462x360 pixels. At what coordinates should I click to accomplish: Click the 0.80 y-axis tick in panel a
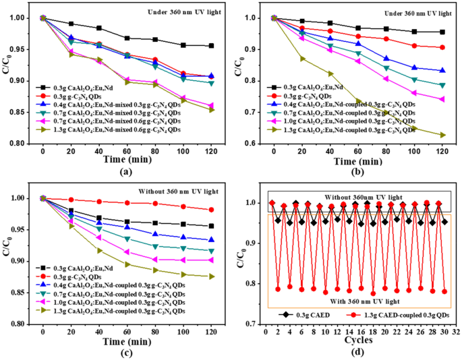(18, 144)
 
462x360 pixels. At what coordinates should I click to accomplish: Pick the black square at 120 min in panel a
(211, 46)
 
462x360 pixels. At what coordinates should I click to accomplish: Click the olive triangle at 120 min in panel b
(442, 135)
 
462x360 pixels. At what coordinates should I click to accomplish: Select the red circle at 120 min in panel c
(211, 210)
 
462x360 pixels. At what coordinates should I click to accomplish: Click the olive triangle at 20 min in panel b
(302, 59)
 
